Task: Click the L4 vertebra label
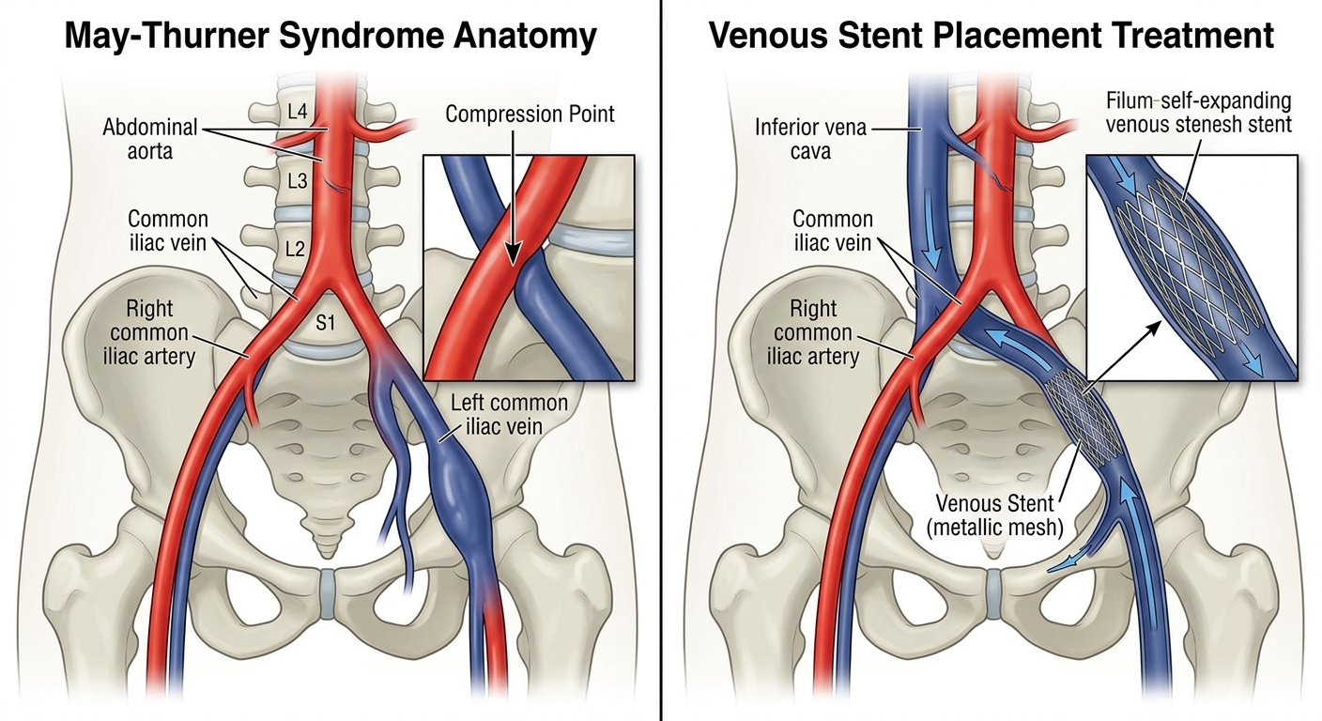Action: tap(297, 113)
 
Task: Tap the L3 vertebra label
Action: tap(297, 181)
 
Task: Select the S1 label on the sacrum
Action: tap(326, 324)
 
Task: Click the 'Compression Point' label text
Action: tap(530, 115)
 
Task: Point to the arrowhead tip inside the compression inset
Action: tap(513, 259)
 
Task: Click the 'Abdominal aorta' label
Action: tap(150, 137)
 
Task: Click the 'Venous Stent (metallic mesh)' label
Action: tap(994, 514)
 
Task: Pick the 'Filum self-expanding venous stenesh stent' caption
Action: tap(1198, 112)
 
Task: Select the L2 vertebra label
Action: tap(297, 250)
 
